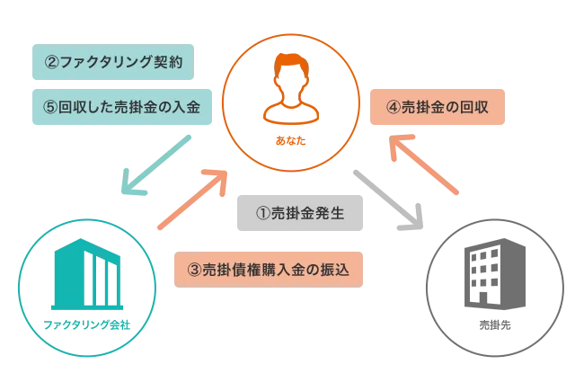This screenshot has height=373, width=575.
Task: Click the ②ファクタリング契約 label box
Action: [x=112, y=63]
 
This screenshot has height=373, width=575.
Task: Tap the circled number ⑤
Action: [x=50, y=106]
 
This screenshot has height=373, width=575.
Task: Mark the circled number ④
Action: [x=393, y=105]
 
